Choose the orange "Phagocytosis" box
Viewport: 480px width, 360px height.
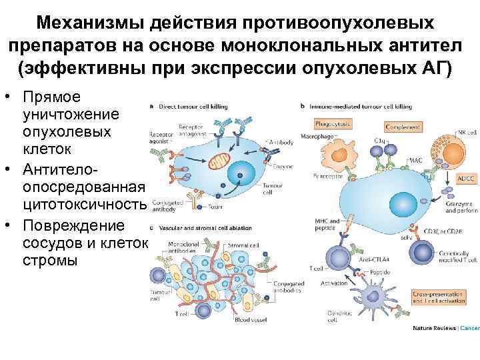click(x=334, y=125)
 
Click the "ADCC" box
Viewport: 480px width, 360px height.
click(x=465, y=179)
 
